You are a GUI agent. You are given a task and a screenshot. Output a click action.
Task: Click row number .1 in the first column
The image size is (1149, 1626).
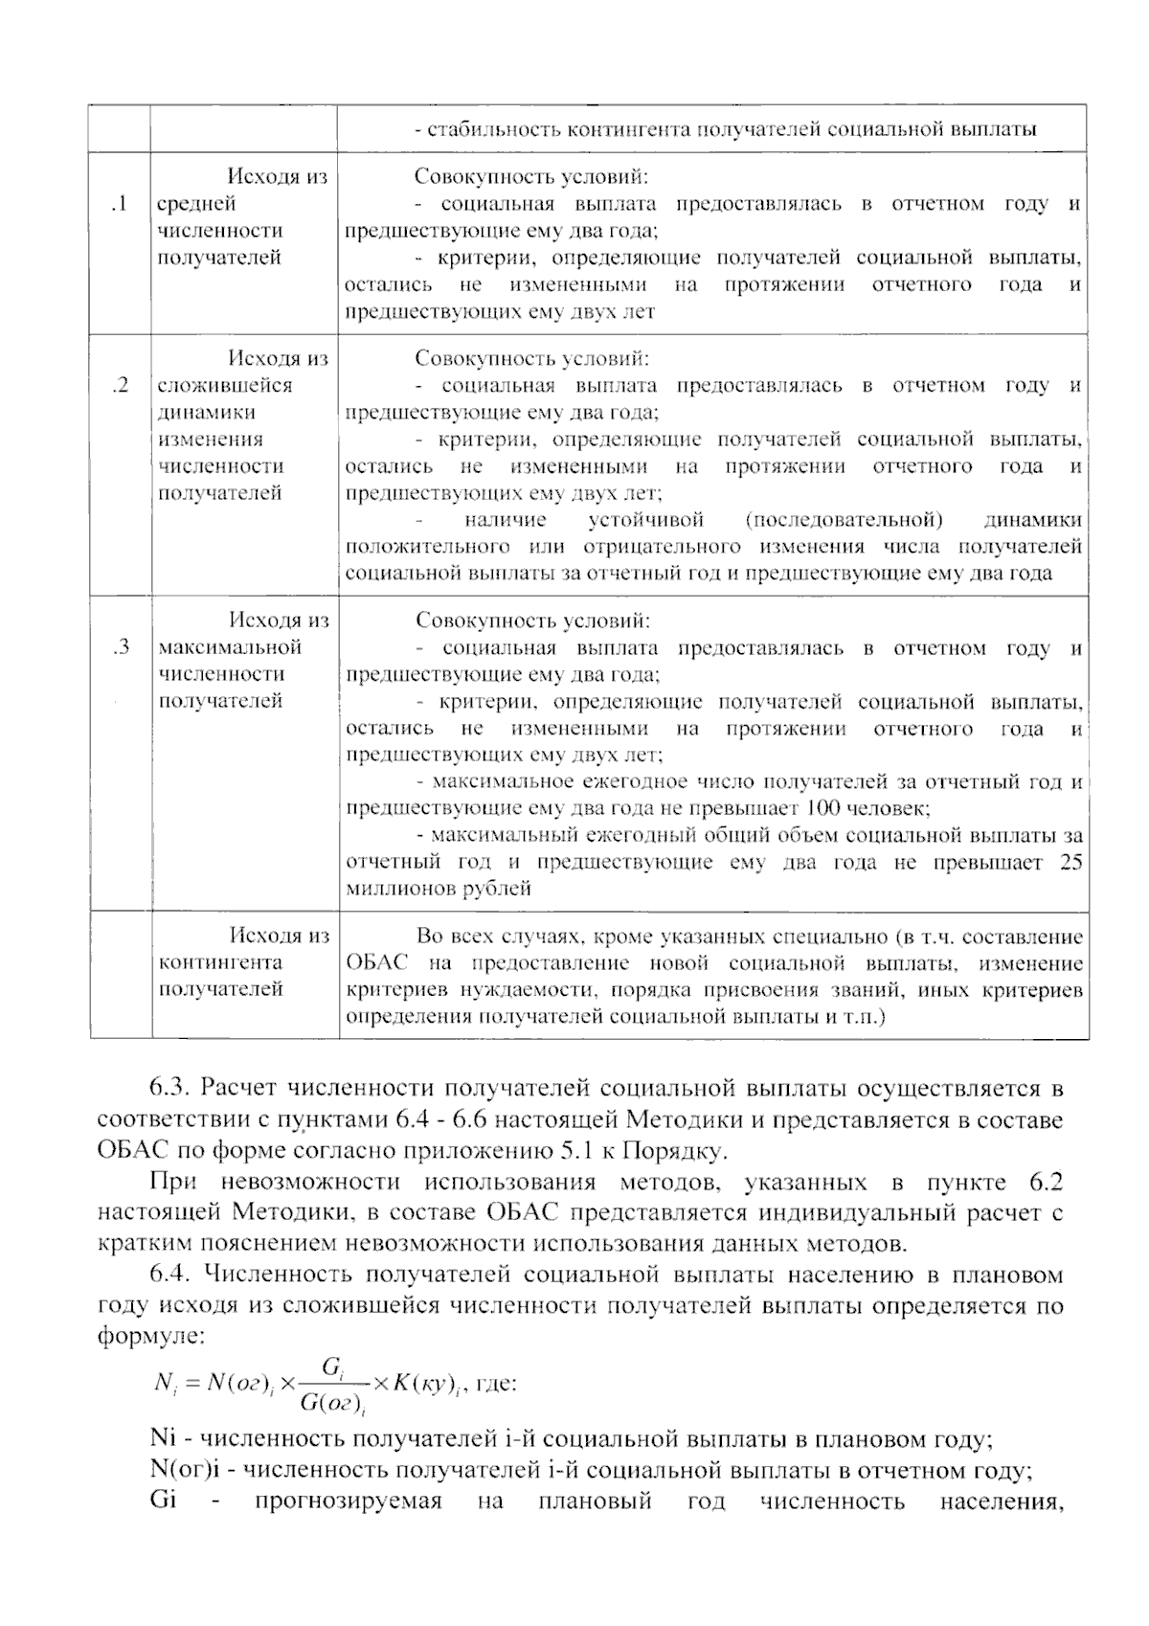pyautogui.click(x=120, y=204)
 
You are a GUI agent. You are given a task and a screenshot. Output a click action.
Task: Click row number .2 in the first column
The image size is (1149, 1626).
pyautogui.click(x=121, y=386)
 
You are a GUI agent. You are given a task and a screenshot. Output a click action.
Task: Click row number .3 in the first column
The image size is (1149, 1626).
pyautogui.click(x=121, y=647)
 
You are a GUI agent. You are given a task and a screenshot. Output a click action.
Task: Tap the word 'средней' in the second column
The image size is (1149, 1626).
pyautogui.click(x=196, y=204)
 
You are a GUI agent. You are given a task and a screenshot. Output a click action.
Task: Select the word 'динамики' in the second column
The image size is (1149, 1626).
pyautogui.click(x=207, y=413)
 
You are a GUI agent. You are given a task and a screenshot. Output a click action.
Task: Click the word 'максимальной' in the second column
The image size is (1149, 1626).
pyautogui.click(x=229, y=647)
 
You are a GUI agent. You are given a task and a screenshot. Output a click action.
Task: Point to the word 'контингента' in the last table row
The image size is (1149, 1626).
pyautogui.click(x=220, y=963)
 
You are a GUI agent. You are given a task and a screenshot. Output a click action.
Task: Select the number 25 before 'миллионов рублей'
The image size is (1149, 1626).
pyautogui.click(x=1070, y=863)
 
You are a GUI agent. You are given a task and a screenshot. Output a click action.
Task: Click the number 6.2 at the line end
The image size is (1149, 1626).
pyautogui.click(x=1043, y=1184)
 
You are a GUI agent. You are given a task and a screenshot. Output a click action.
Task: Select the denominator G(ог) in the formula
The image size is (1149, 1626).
pyautogui.click(x=330, y=1405)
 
